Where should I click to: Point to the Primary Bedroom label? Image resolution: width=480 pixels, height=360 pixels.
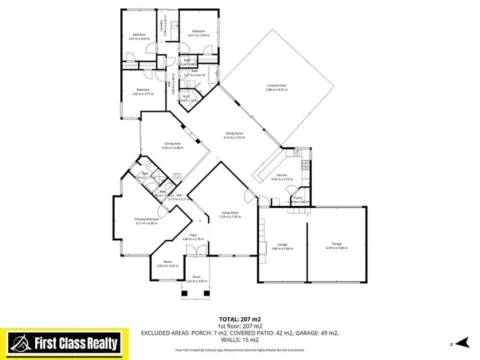147,219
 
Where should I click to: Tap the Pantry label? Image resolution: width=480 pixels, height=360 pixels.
298,198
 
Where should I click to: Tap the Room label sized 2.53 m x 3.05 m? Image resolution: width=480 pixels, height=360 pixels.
168,262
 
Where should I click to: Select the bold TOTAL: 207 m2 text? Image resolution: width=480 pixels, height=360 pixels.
239,318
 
